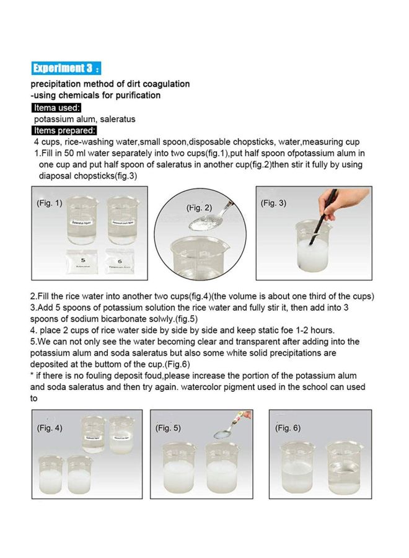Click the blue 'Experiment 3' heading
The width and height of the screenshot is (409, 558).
point(66,68)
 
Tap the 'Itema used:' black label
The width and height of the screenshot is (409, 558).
point(56,108)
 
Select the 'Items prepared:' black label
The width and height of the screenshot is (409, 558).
point(64,131)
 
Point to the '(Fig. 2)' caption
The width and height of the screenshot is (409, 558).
point(199,208)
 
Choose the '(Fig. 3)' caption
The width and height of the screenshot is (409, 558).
point(273,203)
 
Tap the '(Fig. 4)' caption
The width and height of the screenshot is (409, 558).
point(50,428)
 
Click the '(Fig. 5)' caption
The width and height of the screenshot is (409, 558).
point(168,428)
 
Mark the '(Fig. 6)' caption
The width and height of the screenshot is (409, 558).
point(288,428)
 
